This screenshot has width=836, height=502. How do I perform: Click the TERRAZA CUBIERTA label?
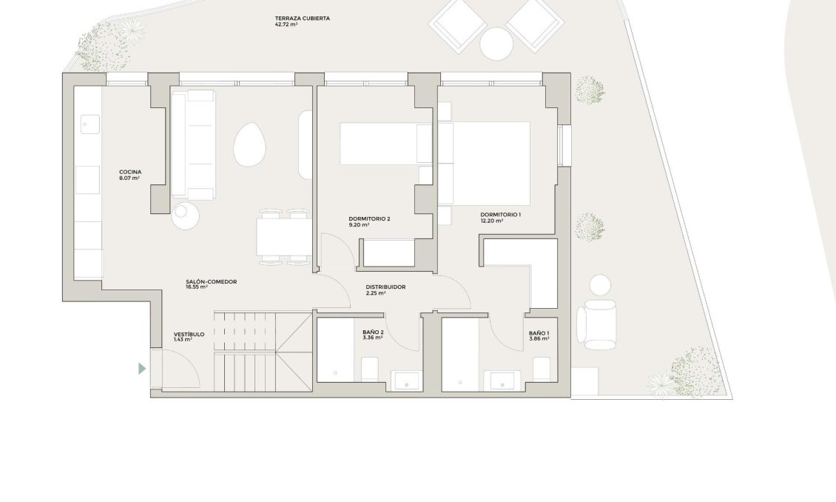pos(303,18)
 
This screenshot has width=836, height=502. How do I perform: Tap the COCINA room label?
pos(130,172)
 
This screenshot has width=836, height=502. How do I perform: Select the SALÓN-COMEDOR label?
pos(211,281)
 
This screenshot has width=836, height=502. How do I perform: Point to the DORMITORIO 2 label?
pos(369,218)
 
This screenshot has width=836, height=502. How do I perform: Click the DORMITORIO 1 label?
pos(501,215)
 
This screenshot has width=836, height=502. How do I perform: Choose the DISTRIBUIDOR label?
pos(385,287)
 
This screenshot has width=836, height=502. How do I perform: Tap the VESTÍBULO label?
pos(189,335)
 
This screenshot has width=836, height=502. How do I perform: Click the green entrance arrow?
pos(142,368)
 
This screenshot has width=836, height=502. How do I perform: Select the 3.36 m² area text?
pos(372,338)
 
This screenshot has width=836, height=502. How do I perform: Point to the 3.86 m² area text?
pos(539,339)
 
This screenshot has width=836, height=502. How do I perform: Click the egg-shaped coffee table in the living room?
pos(249,144)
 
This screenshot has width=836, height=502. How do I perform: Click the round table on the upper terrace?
pos(496,43)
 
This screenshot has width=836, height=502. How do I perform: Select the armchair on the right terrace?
pos(596,324)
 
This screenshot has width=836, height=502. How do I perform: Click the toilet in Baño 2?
pos(369,369)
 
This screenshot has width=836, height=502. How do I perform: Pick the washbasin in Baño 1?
pos(502,381)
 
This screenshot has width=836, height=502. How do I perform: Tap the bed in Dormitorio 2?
pos(386,144)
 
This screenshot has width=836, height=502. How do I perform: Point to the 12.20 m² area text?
pos(491,221)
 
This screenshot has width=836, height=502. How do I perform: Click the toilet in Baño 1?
pos(541,369)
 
